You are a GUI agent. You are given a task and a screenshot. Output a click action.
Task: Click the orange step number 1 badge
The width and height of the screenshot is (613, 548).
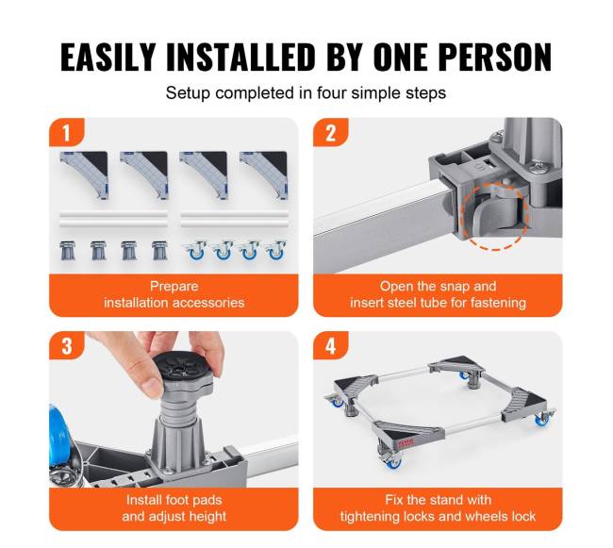tap(66, 132)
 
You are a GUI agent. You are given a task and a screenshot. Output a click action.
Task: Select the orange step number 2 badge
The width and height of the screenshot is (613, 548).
tap(331, 132)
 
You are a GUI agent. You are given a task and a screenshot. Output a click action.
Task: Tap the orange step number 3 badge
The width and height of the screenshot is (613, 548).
tap(66, 346)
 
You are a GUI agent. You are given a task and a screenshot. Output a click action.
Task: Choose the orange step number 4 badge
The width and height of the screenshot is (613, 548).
tap(331, 346)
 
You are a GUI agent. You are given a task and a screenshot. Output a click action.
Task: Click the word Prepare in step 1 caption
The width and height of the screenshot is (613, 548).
tap(174, 287)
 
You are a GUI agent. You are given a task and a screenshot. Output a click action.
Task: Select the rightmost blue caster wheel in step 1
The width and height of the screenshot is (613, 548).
tap(276, 251)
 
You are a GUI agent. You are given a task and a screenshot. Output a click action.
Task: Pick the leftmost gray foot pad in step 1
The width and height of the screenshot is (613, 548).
tap(68, 251)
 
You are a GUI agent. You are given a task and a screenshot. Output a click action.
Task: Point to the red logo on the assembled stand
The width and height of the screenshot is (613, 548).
tap(406, 443)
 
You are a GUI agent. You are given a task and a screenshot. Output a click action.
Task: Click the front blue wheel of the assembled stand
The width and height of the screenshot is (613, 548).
tap(392, 462)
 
